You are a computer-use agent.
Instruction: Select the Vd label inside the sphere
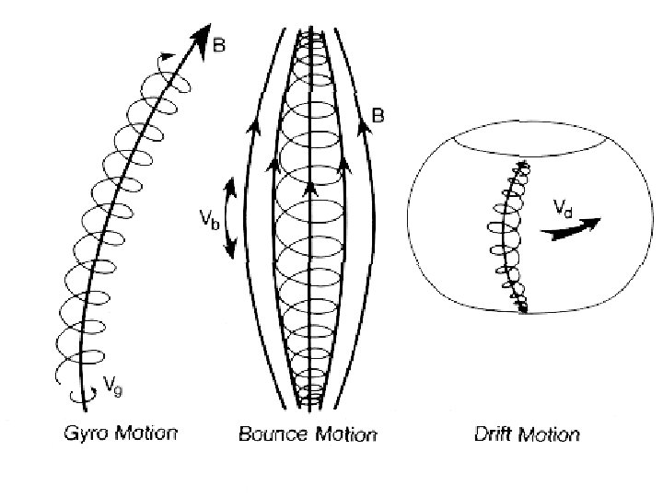pos(564,208)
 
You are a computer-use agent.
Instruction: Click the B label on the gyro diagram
pos(219,44)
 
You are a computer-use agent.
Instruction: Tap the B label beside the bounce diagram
pos(377,115)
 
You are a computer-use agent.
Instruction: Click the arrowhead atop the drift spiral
pos(523,166)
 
